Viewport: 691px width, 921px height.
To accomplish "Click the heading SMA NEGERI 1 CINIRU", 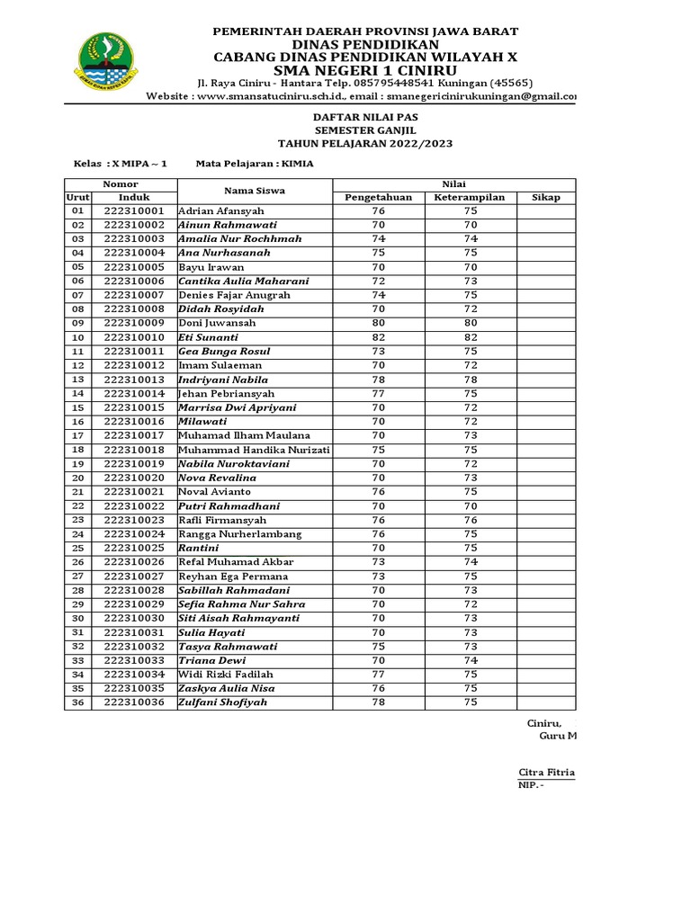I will pos(364,70).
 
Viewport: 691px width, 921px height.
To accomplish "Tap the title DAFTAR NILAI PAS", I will pos(364,117).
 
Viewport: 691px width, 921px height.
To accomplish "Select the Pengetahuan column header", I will pos(378,197).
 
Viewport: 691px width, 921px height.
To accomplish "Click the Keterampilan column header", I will pos(470,197).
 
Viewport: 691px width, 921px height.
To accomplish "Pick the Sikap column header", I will pos(546,197).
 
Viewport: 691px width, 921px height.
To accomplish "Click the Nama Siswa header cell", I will pos(255,191).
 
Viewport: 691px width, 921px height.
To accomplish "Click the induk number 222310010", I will pos(134,337).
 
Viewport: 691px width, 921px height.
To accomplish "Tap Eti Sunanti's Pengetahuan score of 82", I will pos(378,337).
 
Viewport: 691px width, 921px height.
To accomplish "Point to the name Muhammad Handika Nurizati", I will pos(255,450).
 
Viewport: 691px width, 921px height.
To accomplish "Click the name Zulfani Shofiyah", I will pos(223,702).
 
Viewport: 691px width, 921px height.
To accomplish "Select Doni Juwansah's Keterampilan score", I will pos(470,323).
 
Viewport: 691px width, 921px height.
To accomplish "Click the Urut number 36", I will pos(77,702).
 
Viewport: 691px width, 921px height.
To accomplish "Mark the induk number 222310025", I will pos(134,548).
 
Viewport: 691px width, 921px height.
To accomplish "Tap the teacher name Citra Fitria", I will pos(547,773).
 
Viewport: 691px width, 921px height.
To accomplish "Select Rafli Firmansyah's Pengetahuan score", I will pos(378,520).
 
